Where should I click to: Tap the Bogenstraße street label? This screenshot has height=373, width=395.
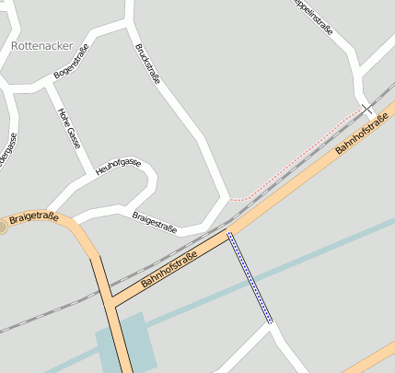click(72, 60)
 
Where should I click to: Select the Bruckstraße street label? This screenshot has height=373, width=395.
click(147, 63)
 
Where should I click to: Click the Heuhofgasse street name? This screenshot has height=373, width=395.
click(118, 167)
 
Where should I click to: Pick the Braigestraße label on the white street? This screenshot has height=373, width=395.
click(155, 222)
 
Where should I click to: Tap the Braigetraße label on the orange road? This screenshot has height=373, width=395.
click(34, 218)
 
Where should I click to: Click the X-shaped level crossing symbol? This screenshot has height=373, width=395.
click(367, 109)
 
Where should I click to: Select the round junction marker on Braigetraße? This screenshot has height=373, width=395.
click(2, 225)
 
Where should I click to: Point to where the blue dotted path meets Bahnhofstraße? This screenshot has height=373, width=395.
click(228, 233)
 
